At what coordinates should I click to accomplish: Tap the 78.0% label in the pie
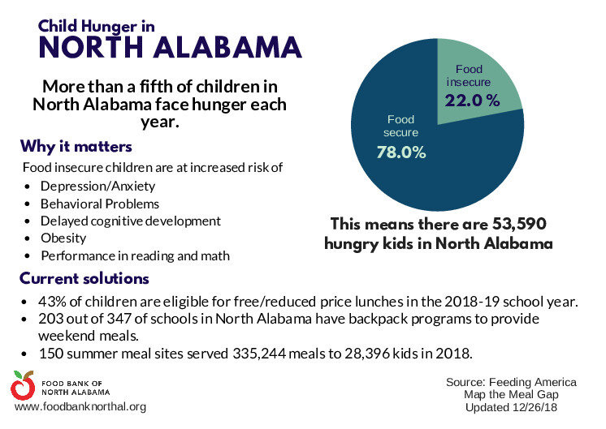(x=401, y=152)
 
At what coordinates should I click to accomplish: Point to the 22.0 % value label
(x=471, y=100)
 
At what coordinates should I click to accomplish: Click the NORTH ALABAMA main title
(x=171, y=48)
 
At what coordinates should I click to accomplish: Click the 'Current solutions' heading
(x=84, y=278)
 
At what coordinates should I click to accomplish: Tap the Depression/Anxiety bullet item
(x=93, y=186)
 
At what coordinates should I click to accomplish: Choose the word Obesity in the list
(x=63, y=238)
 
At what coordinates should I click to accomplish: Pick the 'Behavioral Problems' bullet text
(x=100, y=204)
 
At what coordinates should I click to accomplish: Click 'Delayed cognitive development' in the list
(x=131, y=221)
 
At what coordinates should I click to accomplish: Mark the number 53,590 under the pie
(x=523, y=223)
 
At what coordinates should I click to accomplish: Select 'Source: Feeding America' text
(x=511, y=382)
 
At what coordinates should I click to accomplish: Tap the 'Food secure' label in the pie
(x=401, y=126)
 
